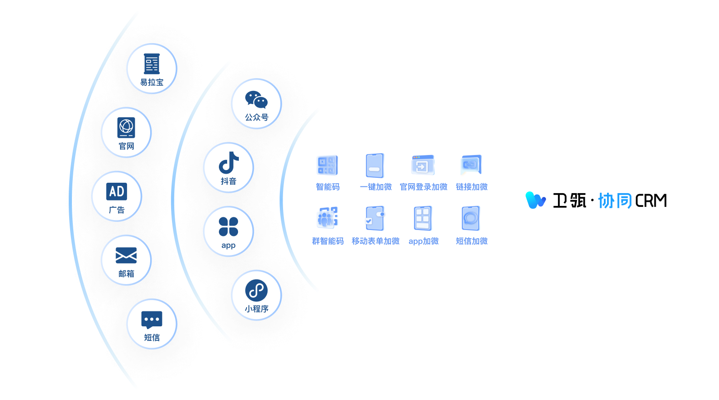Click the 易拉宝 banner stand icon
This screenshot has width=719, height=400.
click(x=152, y=64)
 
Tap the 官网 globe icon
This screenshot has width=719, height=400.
click(x=126, y=128)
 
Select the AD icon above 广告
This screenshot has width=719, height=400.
click(x=116, y=191)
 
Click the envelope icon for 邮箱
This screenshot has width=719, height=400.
click(x=126, y=255)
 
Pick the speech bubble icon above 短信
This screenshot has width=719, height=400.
click(x=152, y=320)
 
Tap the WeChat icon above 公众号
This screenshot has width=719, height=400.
click(x=256, y=100)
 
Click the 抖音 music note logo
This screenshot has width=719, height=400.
click(x=228, y=163)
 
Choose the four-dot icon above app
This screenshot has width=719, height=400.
click(x=228, y=227)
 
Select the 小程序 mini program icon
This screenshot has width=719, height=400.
click(x=256, y=290)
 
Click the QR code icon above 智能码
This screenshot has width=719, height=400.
click(x=328, y=165)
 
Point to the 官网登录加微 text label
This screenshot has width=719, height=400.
click(x=423, y=187)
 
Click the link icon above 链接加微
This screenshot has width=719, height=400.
click(x=471, y=165)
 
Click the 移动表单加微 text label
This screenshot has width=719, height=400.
click(x=375, y=241)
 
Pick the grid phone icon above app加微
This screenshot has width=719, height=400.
click(x=423, y=218)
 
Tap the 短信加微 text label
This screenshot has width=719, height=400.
click(x=471, y=241)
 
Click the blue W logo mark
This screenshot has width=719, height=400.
click(x=536, y=200)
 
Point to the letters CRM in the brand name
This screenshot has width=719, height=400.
click(x=651, y=200)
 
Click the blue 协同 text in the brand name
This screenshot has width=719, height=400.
click(x=615, y=200)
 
